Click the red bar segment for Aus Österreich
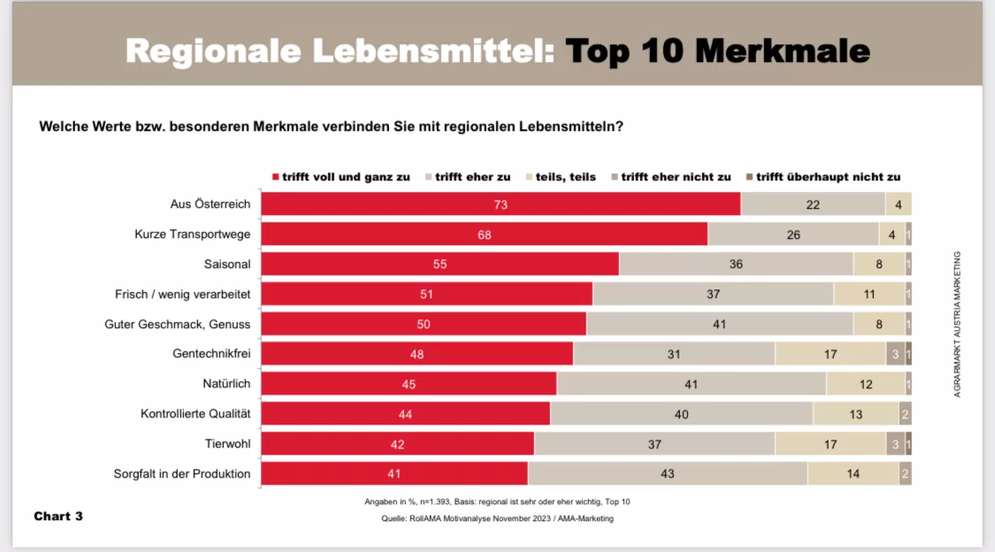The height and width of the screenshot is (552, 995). coord(501,204)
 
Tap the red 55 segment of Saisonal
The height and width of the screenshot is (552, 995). coord(440,264)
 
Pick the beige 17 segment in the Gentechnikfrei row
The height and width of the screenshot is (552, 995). coord(830,354)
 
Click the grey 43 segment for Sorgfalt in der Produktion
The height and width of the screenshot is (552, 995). coord(668,474)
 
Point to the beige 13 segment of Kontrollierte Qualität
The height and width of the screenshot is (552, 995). coord(855,414)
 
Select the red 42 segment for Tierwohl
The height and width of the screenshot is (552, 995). coord(398,444)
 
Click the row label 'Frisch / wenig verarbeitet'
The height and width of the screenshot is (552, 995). coord(182,295)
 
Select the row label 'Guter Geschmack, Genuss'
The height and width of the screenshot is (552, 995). coord(177,325)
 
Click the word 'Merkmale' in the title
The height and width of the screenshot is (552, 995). coord(782,51)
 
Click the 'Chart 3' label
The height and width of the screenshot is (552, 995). coord(58,516)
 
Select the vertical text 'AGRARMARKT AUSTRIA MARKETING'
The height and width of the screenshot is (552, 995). coord(957,324)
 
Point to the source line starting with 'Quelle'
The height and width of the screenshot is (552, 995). coord(497,519)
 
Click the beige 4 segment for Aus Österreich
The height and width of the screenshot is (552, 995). coord(898,204)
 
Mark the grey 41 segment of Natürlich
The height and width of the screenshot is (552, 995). coord(691,384)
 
